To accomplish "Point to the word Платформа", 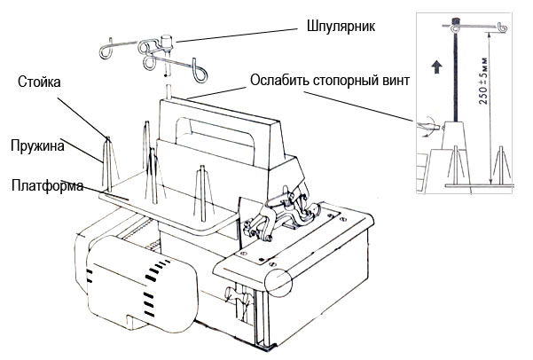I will click(x=48, y=186).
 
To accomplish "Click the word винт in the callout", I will click(x=394, y=81).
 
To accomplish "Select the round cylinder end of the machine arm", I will click(x=276, y=285).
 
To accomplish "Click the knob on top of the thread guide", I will click(x=164, y=38).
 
